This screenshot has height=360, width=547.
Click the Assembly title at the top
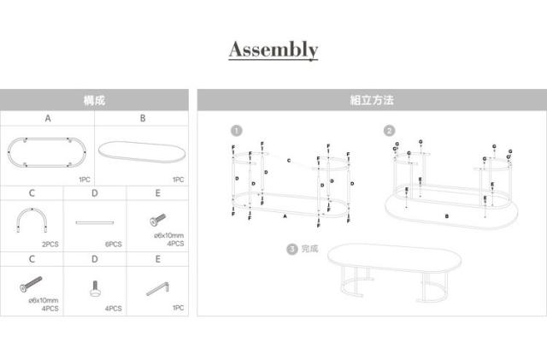tap(273, 50)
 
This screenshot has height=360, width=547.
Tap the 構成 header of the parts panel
tap(94, 101)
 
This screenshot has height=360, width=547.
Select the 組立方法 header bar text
tap(372, 101)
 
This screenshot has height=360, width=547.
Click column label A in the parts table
tap(48, 119)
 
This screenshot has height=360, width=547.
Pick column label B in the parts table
tap(143, 119)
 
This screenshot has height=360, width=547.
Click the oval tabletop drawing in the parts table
tap(141, 150)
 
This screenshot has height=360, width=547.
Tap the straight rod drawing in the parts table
tap(95, 223)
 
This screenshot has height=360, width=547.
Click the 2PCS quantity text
tap(50, 244)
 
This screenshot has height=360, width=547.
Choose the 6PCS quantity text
tap(114, 244)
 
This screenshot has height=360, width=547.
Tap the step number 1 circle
tap(237, 131)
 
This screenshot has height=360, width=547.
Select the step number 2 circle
tap(389, 131)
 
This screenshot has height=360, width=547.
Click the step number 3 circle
tap(292, 249)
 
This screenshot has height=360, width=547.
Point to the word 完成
tap(309, 249)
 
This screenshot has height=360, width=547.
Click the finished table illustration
tap(396, 269)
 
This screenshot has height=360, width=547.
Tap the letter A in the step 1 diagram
tap(284, 217)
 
